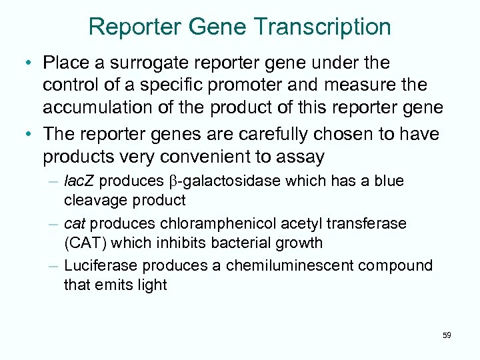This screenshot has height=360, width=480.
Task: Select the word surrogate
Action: pos(143,63)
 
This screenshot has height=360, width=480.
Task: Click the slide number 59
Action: pos(446,335)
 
